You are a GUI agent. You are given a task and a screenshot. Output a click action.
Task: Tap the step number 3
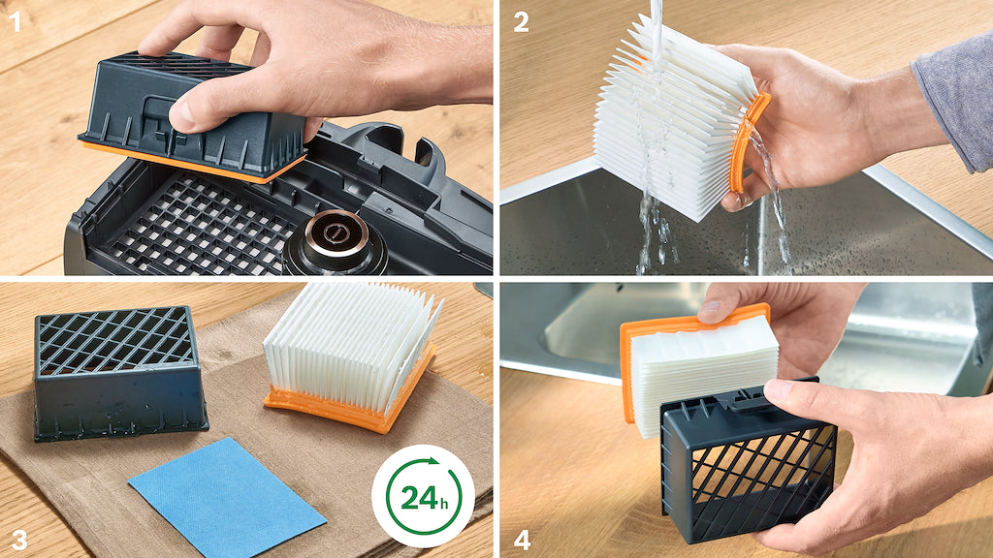click(19, 540)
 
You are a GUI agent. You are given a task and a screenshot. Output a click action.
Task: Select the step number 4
click(522, 540)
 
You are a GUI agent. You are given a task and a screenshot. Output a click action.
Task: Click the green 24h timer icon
click(423, 496)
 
